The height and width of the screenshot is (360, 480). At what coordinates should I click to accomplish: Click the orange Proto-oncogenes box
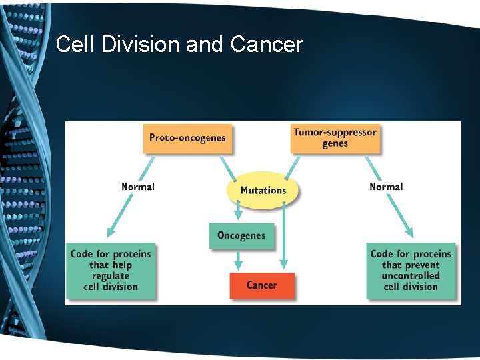(187, 138)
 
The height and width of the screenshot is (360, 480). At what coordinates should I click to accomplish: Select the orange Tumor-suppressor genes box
(335, 138)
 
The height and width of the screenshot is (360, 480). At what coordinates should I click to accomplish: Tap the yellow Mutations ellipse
(263, 190)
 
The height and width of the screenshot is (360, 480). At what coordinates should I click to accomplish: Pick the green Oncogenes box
(241, 235)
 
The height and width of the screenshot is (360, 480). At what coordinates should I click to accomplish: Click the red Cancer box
(261, 285)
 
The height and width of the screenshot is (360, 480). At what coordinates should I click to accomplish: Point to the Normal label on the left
(137, 187)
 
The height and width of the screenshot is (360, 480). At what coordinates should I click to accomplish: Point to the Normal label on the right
(386, 187)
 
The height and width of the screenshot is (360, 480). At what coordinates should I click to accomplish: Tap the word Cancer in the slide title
(267, 45)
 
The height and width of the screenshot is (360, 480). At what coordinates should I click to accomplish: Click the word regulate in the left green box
(111, 275)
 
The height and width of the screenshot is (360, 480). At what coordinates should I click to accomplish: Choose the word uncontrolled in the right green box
(411, 275)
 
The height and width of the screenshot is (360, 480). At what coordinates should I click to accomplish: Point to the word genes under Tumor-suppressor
(335, 143)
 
